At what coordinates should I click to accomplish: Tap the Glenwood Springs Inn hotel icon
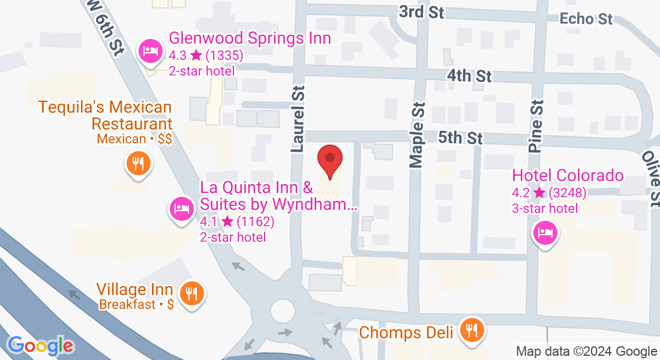[x=149, y=52]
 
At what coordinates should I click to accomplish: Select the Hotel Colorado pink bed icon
[x=545, y=232]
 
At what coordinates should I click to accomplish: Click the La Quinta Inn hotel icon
[x=181, y=209]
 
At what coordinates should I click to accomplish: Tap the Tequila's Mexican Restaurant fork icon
[x=137, y=163]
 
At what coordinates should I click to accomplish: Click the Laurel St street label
[x=298, y=118]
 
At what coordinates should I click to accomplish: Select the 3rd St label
[x=421, y=11]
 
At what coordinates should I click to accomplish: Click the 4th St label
[x=469, y=76]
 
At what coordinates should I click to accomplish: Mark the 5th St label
[x=460, y=138]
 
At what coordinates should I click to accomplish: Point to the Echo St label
[x=586, y=19]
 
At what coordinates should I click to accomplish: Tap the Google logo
[x=40, y=346]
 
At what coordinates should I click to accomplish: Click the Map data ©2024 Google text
[x=586, y=351]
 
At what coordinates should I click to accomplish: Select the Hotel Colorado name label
[x=568, y=176]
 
